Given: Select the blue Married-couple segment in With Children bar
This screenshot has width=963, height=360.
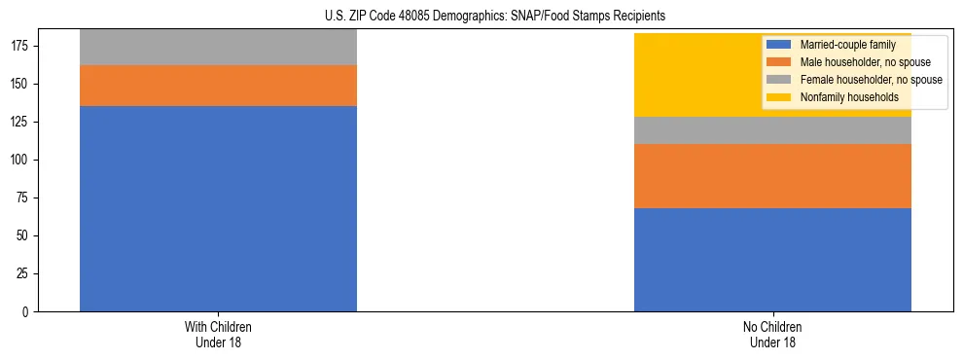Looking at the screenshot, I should pos(218,208).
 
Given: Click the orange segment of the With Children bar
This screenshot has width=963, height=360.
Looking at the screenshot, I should pos(218,86).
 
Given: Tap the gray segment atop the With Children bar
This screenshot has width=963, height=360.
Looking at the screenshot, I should pos(218,47).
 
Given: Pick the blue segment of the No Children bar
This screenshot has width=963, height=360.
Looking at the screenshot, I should pos(772,260).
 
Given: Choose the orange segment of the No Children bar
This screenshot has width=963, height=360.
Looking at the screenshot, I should pos(772,176).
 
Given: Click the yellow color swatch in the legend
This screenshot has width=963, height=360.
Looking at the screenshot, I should pos(779,97).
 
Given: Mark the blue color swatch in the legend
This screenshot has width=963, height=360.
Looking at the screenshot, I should pos(779,45).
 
